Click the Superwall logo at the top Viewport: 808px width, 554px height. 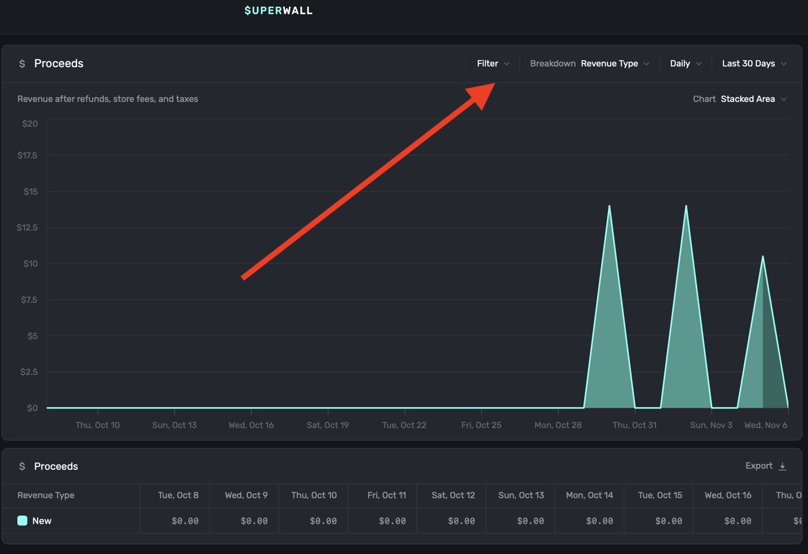(x=278, y=10)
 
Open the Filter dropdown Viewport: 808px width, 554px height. (x=493, y=64)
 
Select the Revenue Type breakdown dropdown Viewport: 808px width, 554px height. (x=614, y=64)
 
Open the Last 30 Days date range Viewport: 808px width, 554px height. (x=754, y=64)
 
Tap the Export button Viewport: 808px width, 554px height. (x=765, y=466)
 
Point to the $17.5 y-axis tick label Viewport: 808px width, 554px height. (x=27, y=155)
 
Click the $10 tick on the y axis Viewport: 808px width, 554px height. (x=30, y=264)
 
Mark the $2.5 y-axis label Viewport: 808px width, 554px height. (x=29, y=372)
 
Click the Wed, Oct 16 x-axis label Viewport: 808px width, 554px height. (x=251, y=425)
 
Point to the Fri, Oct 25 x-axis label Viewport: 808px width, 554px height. (x=481, y=425)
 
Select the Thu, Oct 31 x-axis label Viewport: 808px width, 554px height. (x=634, y=425)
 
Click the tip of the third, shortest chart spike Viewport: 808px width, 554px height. (x=763, y=256)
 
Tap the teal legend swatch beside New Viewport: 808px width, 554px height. (x=22, y=521)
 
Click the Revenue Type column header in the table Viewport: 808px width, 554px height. (x=46, y=495)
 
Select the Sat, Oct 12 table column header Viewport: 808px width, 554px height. (x=453, y=495)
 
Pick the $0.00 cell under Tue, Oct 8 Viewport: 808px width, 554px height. (x=185, y=521)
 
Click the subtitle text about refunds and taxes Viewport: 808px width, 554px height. (x=108, y=99)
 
